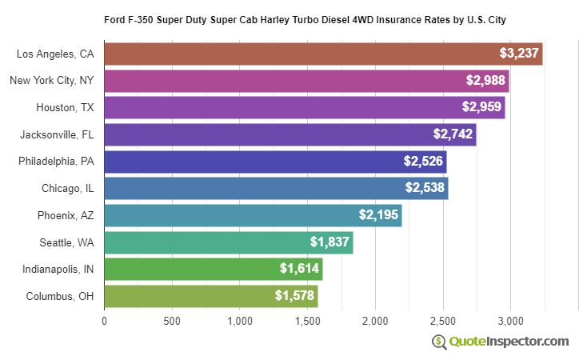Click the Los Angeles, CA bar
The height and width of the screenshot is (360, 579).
pyautogui.click(x=323, y=54)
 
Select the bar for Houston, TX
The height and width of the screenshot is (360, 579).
pyautogui.click(x=304, y=107)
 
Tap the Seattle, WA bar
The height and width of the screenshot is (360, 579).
pyautogui.click(x=228, y=242)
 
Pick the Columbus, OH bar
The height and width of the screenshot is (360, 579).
pyautogui.click(x=210, y=296)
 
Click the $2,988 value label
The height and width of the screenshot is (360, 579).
pyautogui.click(x=485, y=81)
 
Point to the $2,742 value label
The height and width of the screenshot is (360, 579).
pyautogui.click(x=453, y=134)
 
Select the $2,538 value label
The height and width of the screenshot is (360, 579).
pyautogui.click(x=425, y=189)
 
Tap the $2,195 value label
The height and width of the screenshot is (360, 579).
pyautogui.click(x=378, y=215)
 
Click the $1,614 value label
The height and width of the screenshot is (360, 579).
pyautogui.click(x=299, y=270)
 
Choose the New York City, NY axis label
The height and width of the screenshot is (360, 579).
pyautogui.click(x=52, y=81)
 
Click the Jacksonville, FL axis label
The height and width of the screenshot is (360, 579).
pyautogui.click(x=58, y=134)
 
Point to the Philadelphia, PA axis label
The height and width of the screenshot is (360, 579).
pyautogui.click(x=56, y=162)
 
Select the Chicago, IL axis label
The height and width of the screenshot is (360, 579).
pyautogui.click(x=68, y=189)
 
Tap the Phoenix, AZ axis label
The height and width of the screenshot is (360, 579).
pyautogui.click(x=66, y=215)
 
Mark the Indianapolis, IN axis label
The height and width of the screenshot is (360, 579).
pyautogui.click(x=58, y=270)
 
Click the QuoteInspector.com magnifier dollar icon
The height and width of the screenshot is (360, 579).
pyautogui.click(x=439, y=342)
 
